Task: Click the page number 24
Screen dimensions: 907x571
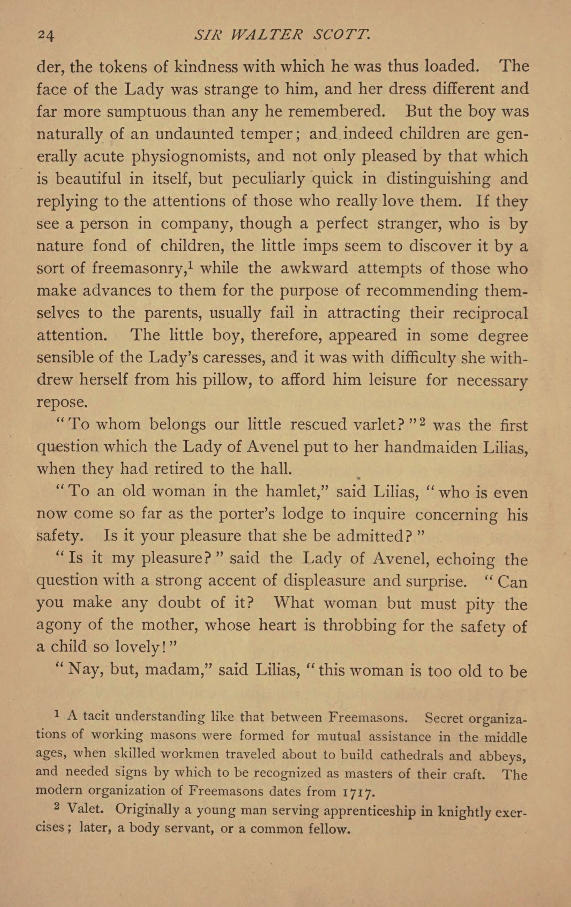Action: pos(46,36)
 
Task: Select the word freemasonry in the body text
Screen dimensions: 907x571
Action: pos(137,268)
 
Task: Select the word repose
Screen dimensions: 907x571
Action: pos(62,402)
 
